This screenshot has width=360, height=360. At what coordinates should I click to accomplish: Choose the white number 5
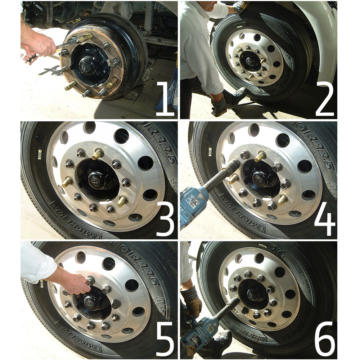click(x=165, y=338)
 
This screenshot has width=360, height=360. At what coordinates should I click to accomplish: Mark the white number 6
click(x=325, y=338)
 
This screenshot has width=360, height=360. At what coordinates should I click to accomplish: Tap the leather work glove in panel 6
click(x=192, y=301)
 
